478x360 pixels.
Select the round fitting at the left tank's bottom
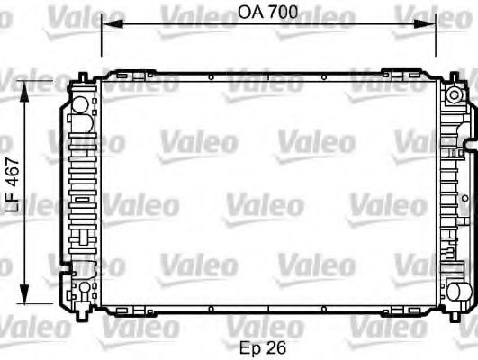(x=82, y=289)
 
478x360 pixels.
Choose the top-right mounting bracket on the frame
(x=397, y=74)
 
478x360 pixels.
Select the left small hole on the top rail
(x=209, y=78)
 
